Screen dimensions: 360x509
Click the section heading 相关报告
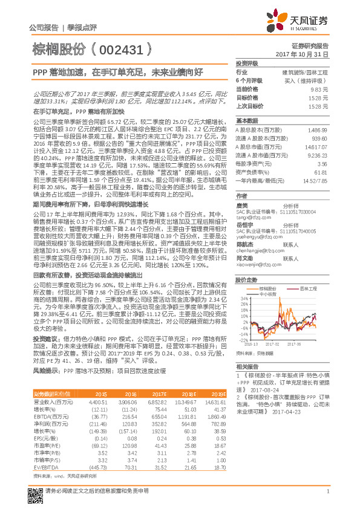[247, 367]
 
